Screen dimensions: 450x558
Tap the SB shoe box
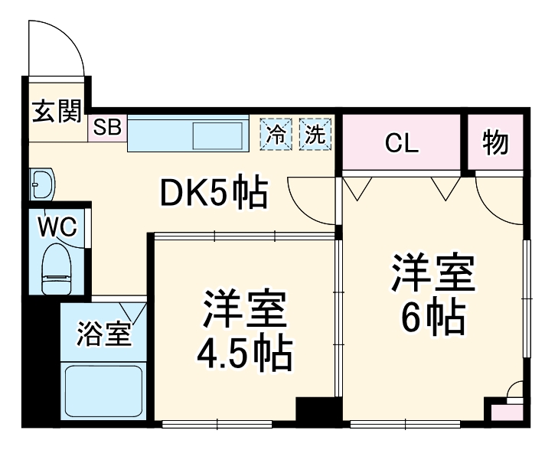(x=108, y=128)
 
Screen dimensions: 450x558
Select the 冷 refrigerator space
(x=276, y=134)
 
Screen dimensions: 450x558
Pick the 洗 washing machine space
(x=315, y=134)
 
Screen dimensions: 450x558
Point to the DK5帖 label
(x=214, y=194)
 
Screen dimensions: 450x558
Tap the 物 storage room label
(x=496, y=142)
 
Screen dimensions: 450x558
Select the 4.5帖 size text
(x=243, y=353)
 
